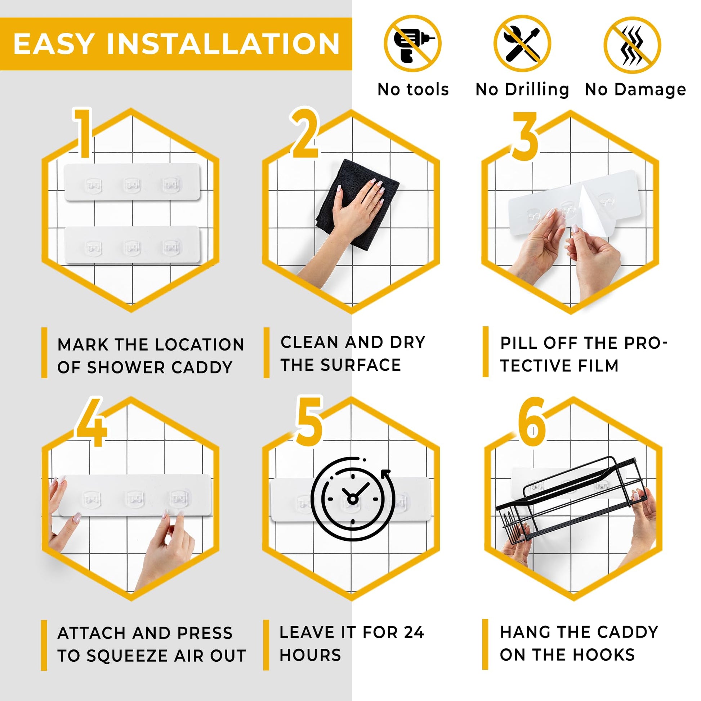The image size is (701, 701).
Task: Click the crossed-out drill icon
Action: (x=412, y=44)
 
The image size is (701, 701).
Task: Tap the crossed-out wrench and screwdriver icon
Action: (x=522, y=44)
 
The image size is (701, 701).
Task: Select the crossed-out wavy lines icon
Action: (x=633, y=45)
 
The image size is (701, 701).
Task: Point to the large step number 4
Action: (x=91, y=422)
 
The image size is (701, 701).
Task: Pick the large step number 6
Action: (x=532, y=422)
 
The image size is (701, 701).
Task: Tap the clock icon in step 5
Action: (x=352, y=499)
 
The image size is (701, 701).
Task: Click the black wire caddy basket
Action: (x=570, y=499)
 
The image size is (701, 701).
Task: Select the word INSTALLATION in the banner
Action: (x=223, y=44)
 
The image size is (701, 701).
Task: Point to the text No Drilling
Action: (x=522, y=89)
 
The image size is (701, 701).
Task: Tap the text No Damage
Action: (x=635, y=89)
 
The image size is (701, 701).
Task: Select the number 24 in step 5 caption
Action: (x=414, y=633)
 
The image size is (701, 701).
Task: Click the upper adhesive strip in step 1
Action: (x=132, y=182)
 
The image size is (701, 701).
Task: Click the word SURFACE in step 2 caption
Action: (x=361, y=365)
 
